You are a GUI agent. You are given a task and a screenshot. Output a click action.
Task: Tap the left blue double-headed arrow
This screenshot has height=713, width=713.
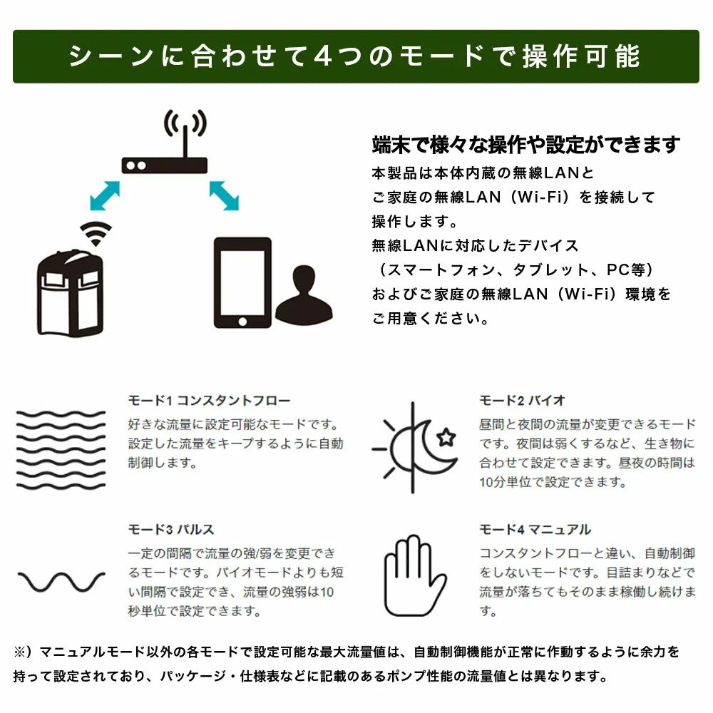(x=105, y=195)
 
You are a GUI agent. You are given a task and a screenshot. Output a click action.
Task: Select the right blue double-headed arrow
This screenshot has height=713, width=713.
(x=224, y=195)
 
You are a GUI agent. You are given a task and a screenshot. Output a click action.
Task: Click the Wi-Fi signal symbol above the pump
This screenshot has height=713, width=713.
(x=96, y=234)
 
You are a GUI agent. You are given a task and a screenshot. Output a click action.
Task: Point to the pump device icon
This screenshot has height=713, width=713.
(x=70, y=293)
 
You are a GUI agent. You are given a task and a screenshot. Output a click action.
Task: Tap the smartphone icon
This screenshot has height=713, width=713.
(x=242, y=282)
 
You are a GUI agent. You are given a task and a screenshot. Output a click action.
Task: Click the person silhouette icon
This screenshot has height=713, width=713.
(x=304, y=296)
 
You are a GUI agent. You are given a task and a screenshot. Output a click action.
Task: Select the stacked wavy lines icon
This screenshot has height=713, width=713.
(x=61, y=450)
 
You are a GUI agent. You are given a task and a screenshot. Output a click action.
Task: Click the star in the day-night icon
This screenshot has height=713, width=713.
(x=446, y=438)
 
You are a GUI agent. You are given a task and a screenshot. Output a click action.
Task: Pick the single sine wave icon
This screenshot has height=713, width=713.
(x=61, y=582)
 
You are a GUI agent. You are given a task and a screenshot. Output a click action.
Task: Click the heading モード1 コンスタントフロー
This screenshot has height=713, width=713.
(x=209, y=401)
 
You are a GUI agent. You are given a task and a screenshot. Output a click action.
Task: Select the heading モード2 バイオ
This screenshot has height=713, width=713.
(x=522, y=401)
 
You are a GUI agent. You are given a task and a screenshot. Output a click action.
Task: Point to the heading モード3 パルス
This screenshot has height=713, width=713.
(x=171, y=530)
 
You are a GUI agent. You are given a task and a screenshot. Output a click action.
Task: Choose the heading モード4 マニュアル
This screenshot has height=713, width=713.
(x=535, y=530)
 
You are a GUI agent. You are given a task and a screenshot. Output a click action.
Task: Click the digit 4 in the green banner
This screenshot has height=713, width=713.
(x=324, y=56)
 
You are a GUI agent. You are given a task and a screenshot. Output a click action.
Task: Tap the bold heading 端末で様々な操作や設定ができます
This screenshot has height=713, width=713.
(x=526, y=145)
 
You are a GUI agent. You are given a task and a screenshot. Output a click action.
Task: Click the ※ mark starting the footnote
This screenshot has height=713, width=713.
(x=21, y=652)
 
